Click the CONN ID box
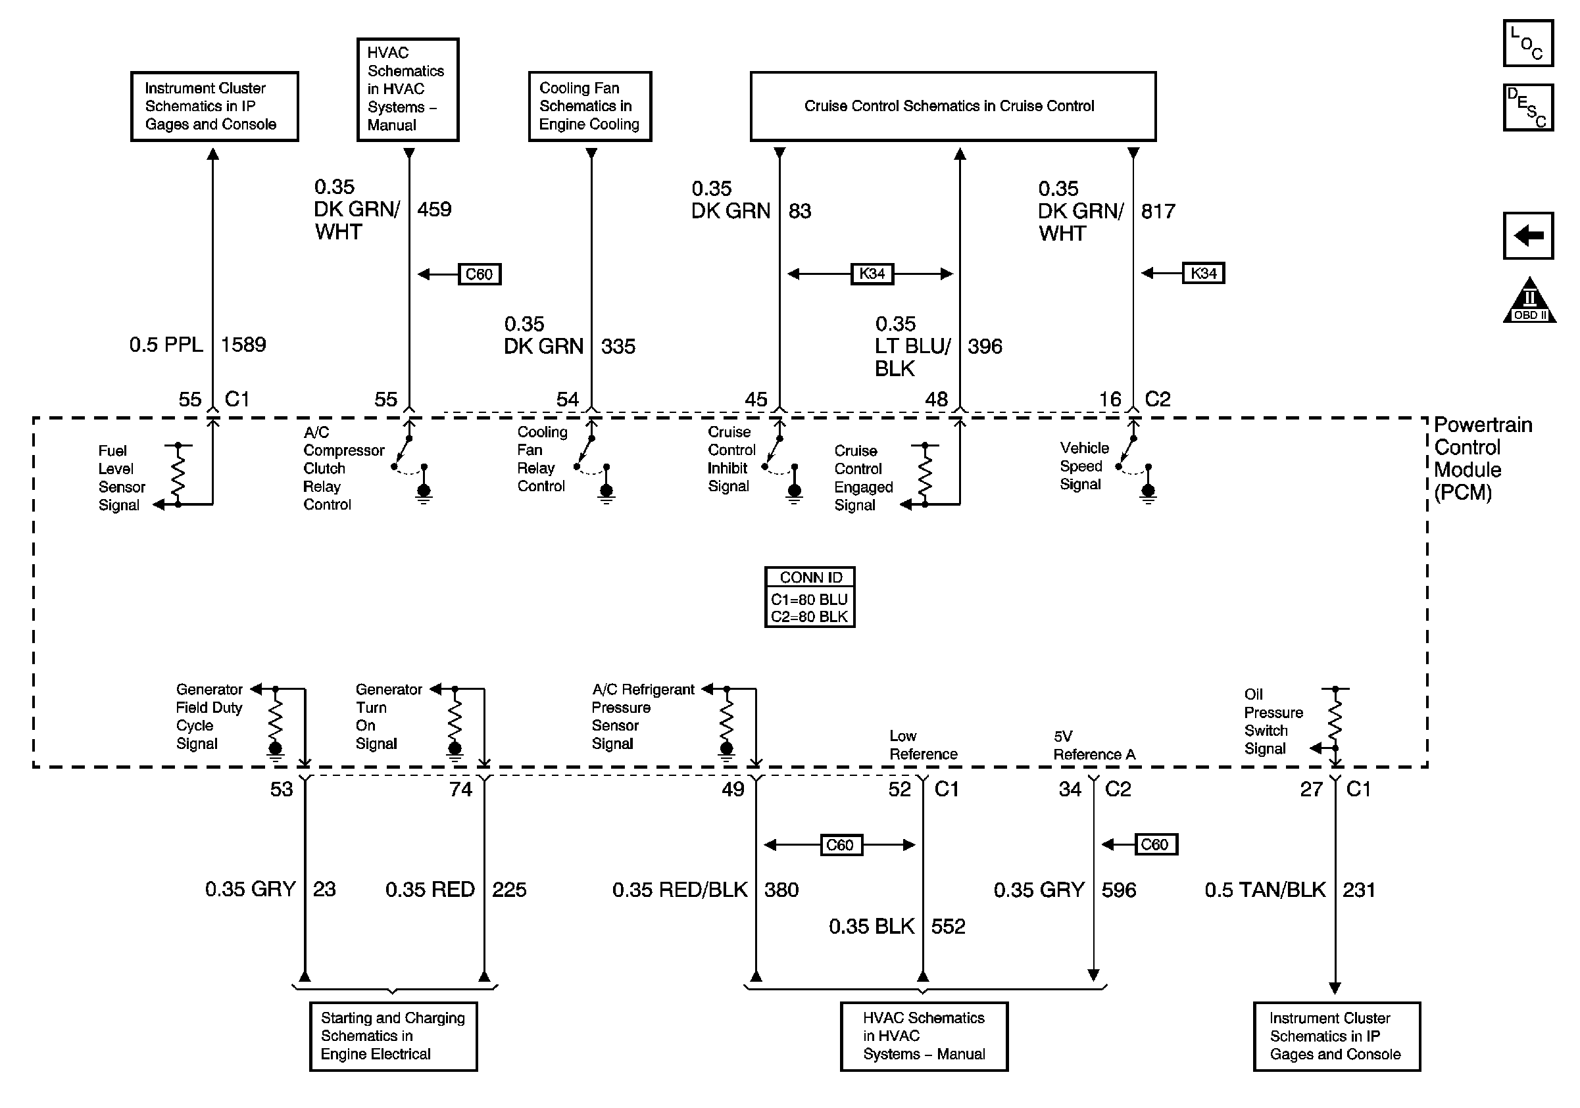tap(809, 596)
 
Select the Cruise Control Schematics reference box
tap(952, 106)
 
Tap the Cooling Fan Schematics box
tap(590, 106)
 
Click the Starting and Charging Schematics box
tap(393, 1036)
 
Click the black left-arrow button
tap(1529, 236)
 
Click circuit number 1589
tap(243, 345)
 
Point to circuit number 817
tap(1158, 211)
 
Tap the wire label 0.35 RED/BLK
tap(679, 890)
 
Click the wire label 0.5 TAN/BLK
tap(1265, 890)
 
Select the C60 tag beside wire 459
tap(480, 274)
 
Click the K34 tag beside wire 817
tap(1204, 274)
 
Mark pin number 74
tap(460, 790)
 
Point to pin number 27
tap(1311, 790)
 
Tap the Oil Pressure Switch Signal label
tap(1273, 721)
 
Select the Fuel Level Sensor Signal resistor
tap(178, 475)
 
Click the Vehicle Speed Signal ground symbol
tap(1148, 493)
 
